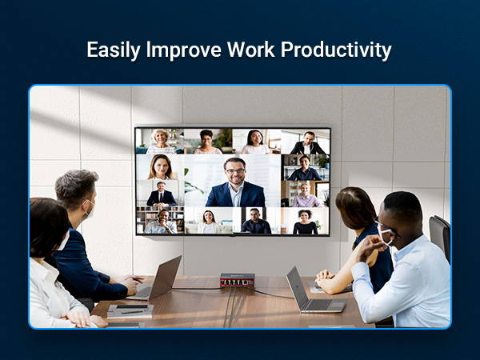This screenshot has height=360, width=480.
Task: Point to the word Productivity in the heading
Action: click(x=339, y=50)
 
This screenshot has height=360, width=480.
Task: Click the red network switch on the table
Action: click(x=237, y=280)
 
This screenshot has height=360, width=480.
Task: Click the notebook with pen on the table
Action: click(x=130, y=310)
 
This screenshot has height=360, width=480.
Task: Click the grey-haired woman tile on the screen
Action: click(x=161, y=141)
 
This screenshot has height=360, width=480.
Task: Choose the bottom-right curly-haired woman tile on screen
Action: click(x=305, y=222)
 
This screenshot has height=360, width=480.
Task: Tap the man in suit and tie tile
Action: click(x=161, y=194)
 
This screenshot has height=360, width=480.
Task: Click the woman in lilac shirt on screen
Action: click(x=305, y=194)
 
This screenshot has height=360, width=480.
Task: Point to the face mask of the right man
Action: click(x=387, y=237)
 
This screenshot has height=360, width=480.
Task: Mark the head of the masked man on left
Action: click(x=78, y=192)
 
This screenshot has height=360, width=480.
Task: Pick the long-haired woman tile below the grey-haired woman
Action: click(x=161, y=167)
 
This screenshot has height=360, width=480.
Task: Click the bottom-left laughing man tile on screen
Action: click(x=161, y=222)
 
